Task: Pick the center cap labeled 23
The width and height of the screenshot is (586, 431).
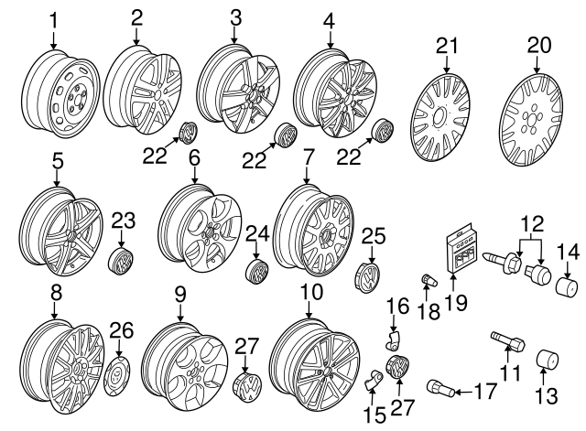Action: coord(123,260)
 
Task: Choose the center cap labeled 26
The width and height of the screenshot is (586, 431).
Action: coord(120,374)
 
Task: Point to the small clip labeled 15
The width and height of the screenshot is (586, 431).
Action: coord(375,379)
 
